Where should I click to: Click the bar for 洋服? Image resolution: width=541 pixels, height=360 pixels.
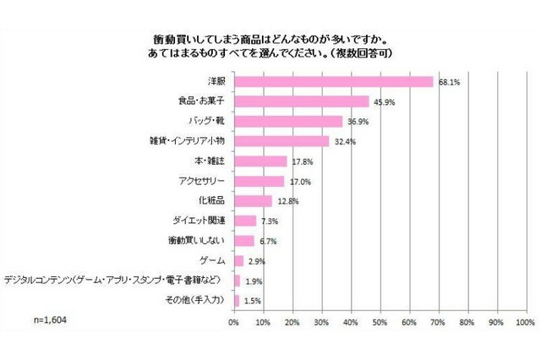click(333, 82)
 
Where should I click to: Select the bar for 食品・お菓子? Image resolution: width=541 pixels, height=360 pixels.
click(301, 101)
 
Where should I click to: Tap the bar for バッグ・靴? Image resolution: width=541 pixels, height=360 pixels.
click(287, 122)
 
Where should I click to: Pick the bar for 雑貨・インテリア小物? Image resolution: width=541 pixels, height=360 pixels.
click(281, 141)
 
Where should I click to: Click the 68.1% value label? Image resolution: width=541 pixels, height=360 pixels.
click(449, 83)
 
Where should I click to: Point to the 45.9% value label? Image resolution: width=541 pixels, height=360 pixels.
click(384, 102)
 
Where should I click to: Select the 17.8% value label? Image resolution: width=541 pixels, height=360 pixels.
click(301, 161)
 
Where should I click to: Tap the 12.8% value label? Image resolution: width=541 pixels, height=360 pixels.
click(287, 201)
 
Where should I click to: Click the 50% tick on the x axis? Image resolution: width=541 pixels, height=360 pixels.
click(380, 323)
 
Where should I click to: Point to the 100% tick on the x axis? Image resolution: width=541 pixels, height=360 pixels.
click(525, 323)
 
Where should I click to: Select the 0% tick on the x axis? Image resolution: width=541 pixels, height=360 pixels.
click(234, 323)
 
